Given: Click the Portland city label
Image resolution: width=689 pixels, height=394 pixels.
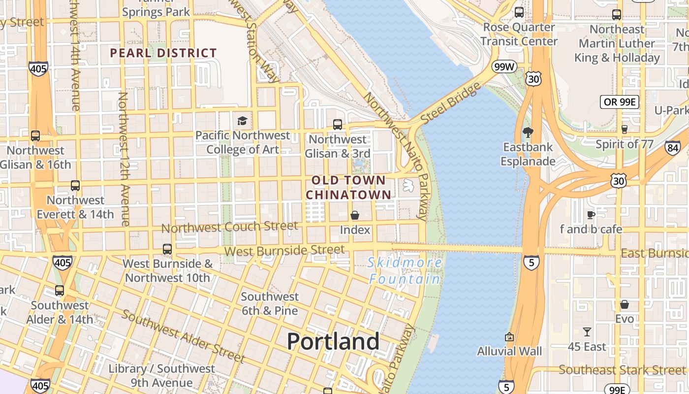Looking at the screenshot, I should (333, 341).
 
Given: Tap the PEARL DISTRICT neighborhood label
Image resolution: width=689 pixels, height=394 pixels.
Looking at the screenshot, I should (163, 53).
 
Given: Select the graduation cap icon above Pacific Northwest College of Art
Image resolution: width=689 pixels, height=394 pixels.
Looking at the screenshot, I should (242, 121).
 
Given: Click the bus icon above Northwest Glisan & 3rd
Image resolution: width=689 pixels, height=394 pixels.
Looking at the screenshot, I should (338, 125).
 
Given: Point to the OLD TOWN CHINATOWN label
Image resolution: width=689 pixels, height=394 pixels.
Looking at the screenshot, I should (348, 188).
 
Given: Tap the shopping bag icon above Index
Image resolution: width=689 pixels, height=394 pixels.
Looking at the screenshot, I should (355, 215).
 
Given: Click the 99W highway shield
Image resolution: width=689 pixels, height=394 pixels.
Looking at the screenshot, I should (503, 66).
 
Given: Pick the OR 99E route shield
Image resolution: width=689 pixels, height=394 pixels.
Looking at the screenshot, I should (620, 102).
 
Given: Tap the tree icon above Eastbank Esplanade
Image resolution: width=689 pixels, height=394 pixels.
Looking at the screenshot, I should (528, 132).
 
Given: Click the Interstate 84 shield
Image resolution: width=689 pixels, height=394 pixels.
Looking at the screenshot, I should (672, 147).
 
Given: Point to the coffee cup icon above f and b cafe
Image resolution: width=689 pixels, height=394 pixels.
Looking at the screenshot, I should (591, 215).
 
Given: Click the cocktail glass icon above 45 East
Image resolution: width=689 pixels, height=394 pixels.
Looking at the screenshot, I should (587, 332).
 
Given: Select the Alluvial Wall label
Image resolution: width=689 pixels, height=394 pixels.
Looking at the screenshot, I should (509, 351).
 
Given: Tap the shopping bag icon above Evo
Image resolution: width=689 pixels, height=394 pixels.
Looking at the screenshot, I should (625, 304).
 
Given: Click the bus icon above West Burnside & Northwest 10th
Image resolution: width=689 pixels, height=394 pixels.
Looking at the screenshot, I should (167, 249).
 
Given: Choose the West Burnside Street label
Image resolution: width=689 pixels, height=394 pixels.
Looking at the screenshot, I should (284, 251).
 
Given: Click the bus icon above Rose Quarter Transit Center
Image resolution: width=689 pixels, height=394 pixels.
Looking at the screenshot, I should (519, 12).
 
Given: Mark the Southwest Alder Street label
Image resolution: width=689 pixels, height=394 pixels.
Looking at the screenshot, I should (183, 336).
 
